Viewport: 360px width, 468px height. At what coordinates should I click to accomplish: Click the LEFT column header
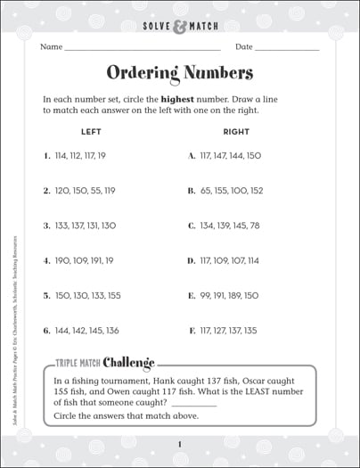tap(91, 132)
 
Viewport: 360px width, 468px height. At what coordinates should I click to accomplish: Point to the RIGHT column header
tap(236, 132)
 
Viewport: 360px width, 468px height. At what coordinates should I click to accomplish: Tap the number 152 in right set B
tap(256, 190)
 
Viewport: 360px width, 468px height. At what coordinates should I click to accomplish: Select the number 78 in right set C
tap(255, 225)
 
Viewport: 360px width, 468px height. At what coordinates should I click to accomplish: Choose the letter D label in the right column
tap(191, 260)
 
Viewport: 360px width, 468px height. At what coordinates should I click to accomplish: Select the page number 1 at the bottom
tap(179, 444)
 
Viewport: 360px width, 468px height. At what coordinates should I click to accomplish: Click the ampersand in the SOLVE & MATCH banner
tap(181, 12)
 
